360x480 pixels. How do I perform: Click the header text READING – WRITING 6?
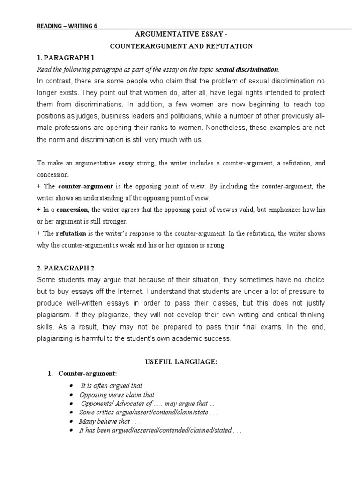point(67,26)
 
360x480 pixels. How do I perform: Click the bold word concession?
point(72,210)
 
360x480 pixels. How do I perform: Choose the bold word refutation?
point(71,233)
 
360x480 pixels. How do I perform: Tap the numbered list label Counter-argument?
point(83,374)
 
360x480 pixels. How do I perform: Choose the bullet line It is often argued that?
point(112,386)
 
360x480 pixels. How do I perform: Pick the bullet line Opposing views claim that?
point(117,395)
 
